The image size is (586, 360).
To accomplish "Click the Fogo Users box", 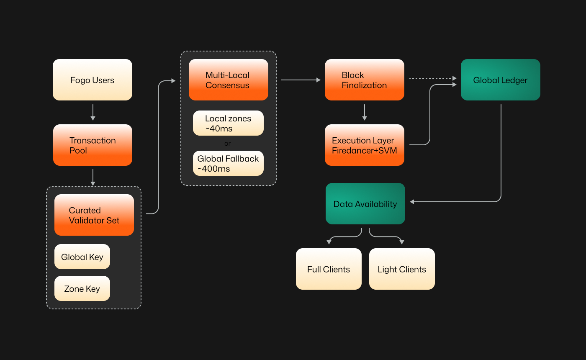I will coord(93,80).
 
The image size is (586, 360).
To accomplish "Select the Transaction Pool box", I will coord(93,145).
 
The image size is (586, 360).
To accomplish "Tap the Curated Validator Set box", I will coord(94,215).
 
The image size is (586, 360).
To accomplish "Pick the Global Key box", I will coord(82,257).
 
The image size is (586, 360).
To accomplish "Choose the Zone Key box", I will coord(82,288).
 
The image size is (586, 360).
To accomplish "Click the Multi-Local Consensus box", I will coord(228,80).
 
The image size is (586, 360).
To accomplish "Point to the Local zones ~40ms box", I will coord(228,123).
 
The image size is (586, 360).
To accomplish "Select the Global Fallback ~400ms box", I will coord(228,163).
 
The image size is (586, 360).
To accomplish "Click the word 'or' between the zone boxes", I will coord(227,144).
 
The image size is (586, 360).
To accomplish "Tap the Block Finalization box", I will coord(365,80).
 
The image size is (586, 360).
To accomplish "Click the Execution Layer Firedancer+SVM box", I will coord(365,145).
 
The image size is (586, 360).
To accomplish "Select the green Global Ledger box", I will coord(501,80).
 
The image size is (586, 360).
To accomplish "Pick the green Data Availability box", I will coord(365,204).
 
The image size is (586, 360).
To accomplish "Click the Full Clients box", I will coord(329,269).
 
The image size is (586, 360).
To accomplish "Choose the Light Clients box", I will coord(402,269).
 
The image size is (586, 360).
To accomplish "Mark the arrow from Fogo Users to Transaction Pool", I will coord(93,112).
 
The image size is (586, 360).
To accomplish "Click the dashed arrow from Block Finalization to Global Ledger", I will coord(431,78).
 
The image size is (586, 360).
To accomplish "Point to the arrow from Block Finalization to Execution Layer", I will coord(365,112).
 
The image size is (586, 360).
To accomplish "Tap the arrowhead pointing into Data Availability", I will coord(412,202).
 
